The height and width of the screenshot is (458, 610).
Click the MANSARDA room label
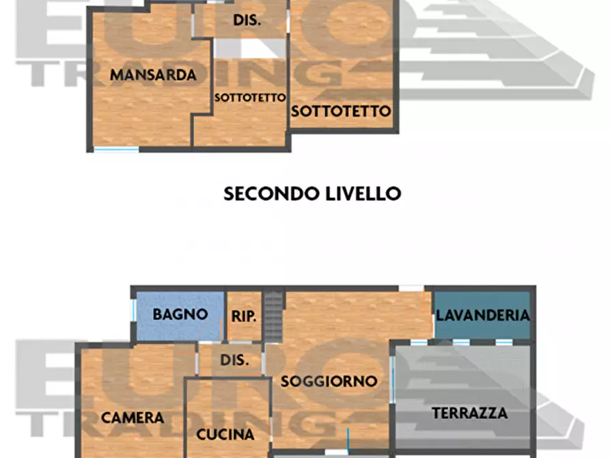[153, 75]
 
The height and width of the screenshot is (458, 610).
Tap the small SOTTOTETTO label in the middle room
[249, 98]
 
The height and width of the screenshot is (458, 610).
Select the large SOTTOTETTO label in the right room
[341, 111]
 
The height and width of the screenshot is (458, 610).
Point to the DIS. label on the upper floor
[247, 21]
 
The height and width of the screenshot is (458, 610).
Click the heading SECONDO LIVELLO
[312, 193]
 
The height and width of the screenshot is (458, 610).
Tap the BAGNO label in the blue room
[180, 315]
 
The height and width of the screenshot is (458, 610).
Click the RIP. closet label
[244, 316]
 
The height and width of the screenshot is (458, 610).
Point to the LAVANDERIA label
[483, 315]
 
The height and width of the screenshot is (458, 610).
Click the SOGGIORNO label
[329, 381]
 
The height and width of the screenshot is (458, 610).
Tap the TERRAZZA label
[470, 413]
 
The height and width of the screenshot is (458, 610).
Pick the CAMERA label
[133, 418]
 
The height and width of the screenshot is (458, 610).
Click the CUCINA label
[225, 434]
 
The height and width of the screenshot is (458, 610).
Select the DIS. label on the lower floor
[234, 360]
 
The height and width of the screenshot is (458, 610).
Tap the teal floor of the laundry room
[482, 329]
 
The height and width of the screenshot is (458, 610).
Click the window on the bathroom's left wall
[133, 316]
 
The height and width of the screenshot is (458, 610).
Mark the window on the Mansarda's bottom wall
[116, 149]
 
